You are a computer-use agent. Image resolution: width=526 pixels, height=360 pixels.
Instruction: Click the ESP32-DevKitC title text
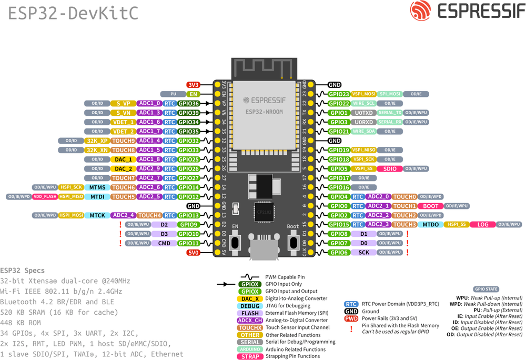point(73,13)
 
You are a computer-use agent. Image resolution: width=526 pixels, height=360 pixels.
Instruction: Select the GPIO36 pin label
point(189,104)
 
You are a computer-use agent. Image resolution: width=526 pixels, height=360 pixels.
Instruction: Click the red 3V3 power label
point(193,85)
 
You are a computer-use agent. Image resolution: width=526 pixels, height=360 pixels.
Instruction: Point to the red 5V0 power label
point(193,253)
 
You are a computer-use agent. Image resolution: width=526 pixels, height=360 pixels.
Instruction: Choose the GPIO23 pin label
point(339,94)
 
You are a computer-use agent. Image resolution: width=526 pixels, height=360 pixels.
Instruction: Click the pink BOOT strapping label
point(430,206)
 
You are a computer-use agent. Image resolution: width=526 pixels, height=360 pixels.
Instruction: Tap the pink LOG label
point(482,225)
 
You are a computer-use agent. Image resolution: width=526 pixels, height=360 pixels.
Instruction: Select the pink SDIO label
point(390,169)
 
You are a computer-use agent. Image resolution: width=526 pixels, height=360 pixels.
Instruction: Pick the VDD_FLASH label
point(45,197)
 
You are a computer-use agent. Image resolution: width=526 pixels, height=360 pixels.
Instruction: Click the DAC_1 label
point(123,159)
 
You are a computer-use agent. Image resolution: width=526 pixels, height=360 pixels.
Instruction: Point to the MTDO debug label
point(430,225)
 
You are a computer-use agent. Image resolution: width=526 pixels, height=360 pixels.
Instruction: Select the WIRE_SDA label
point(363,132)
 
